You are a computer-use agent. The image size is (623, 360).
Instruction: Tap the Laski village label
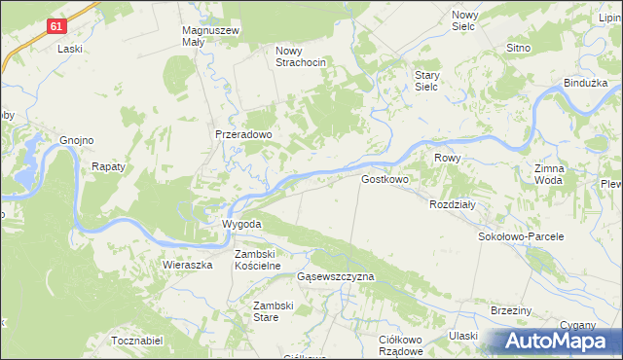[x=69, y=49]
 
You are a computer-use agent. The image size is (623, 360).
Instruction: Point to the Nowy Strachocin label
[x=300, y=56]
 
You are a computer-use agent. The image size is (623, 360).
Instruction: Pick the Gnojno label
[x=76, y=140]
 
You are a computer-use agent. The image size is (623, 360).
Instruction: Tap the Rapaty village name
[x=109, y=166]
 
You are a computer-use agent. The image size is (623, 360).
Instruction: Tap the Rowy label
[x=448, y=158]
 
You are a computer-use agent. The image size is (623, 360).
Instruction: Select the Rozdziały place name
[x=452, y=204]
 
